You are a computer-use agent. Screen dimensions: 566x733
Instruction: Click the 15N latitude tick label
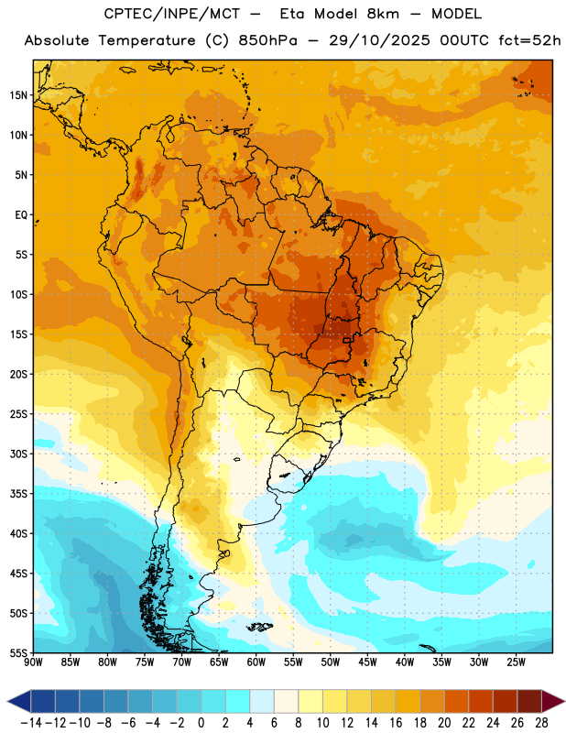click(18, 95)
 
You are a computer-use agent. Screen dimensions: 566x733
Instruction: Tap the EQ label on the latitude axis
click(21, 215)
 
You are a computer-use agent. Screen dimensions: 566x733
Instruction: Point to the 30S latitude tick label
click(18, 454)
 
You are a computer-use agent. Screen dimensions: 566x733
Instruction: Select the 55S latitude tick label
click(18, 653)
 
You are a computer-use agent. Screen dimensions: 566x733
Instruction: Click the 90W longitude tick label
click(33, 662)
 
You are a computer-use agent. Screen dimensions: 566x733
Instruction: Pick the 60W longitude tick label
click(256, 662)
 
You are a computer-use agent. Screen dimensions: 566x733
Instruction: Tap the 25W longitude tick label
click(516, 662)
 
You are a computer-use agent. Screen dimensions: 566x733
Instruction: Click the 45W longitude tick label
click(367, 662)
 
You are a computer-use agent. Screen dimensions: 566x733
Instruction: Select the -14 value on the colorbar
click(32, 723)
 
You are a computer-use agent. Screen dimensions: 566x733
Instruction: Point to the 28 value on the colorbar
click(542, 723)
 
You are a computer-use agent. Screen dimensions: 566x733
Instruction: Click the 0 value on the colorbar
click(201, 723)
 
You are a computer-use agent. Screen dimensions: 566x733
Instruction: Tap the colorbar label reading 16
click(396, 723)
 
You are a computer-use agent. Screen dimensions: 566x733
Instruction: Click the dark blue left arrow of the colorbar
click(19, 701)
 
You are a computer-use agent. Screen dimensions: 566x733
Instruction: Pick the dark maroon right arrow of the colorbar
click(553, 701)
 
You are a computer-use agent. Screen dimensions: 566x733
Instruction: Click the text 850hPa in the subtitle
click(267, 40)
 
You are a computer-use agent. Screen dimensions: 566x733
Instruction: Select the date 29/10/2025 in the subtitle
click(379, 40)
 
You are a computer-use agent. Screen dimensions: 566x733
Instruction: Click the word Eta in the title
click(292, 14)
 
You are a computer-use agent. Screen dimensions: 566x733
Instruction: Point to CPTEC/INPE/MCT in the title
click(172, 14)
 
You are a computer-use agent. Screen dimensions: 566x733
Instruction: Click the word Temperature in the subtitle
click(147, 41)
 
